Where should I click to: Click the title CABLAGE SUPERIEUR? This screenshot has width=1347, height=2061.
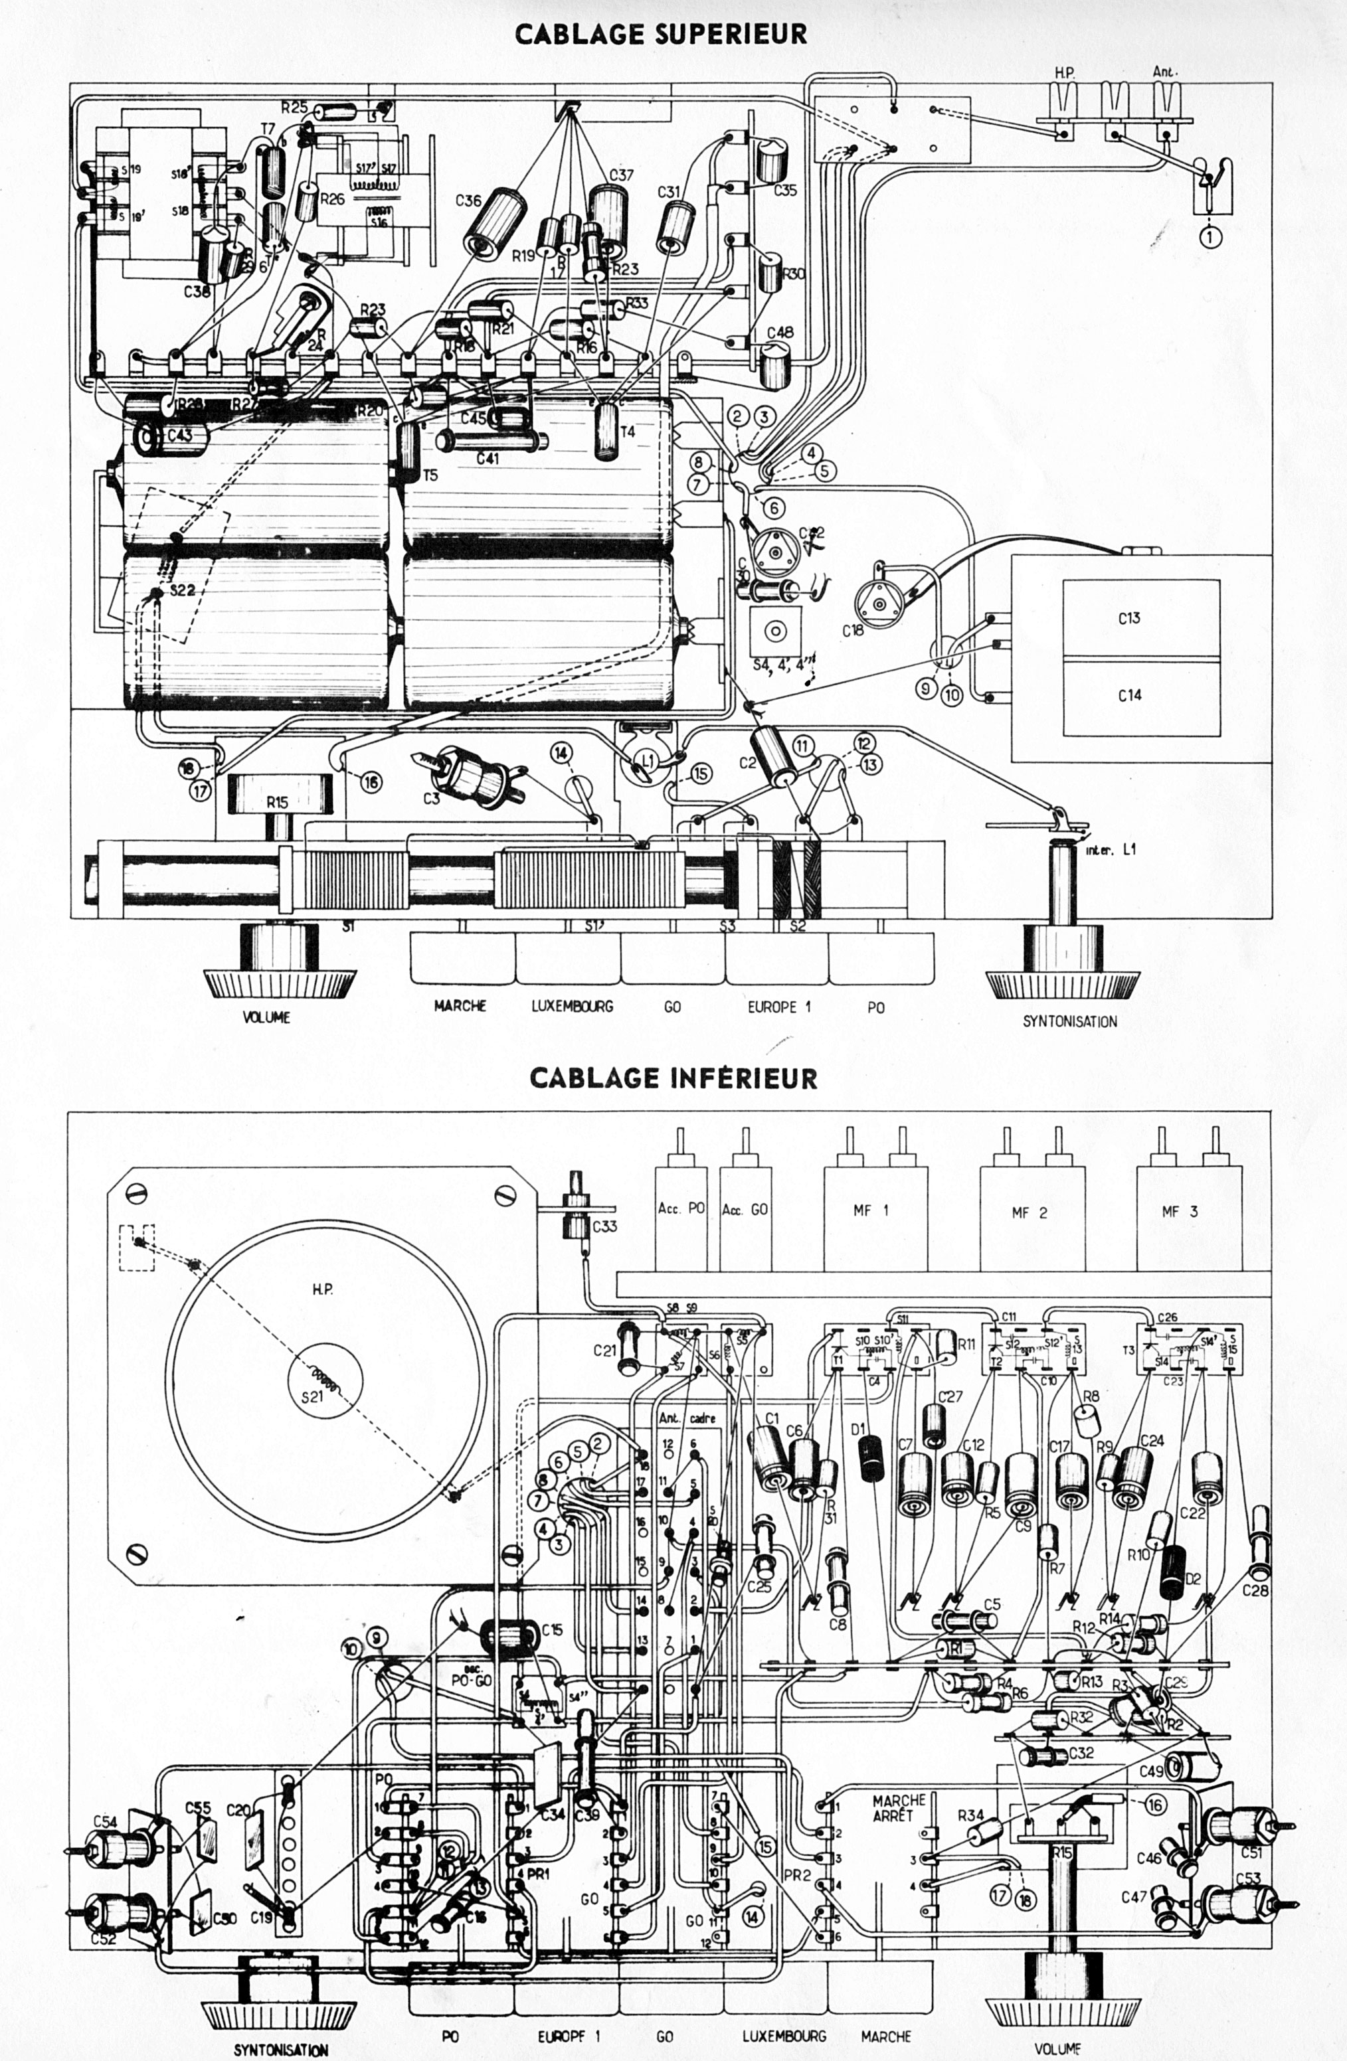coord(661,34)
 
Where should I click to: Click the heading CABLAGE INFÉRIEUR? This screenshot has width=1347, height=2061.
coord(673,1078)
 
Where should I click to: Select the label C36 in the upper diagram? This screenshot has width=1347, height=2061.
coord(468,201)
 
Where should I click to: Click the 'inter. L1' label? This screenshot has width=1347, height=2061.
coord(1111,849)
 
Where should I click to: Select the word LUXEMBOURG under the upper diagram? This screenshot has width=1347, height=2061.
coord(573,1006)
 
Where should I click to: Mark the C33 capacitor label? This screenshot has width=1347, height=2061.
coord(604,1226)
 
